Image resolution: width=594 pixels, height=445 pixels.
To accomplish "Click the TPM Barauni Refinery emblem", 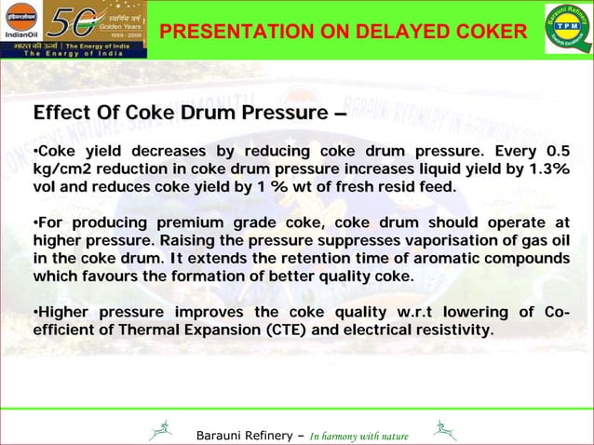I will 567,29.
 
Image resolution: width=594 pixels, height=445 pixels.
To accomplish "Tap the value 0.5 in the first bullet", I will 558,152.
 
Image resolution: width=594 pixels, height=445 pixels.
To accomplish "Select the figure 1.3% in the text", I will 547,169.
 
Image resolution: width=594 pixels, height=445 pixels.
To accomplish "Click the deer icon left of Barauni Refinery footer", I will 161,430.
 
